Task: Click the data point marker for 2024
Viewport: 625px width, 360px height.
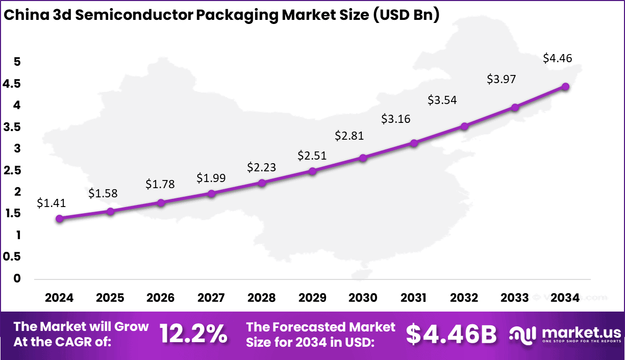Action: (60, 219)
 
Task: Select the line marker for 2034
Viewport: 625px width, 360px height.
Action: (565, 87)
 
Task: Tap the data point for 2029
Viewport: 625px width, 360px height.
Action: (312, 171)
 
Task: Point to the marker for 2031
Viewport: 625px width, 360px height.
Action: (414, 143)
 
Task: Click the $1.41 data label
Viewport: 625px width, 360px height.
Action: (52, 203)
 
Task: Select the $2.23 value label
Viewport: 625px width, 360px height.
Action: (262, 167)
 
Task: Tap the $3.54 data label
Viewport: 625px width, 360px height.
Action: (442, 99)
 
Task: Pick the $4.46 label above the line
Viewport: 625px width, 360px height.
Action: (558, 58)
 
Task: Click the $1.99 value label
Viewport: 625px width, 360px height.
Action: (211, 178)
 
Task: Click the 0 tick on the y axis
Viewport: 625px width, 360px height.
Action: (17, 278)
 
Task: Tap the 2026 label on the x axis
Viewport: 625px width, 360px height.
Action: (161, 298)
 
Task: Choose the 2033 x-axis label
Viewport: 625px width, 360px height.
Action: (515, 298)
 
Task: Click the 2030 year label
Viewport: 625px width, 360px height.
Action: (363, 298)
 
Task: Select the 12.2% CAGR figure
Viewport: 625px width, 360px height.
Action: (194, 335)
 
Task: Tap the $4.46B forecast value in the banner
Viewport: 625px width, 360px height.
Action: (451, 335)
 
